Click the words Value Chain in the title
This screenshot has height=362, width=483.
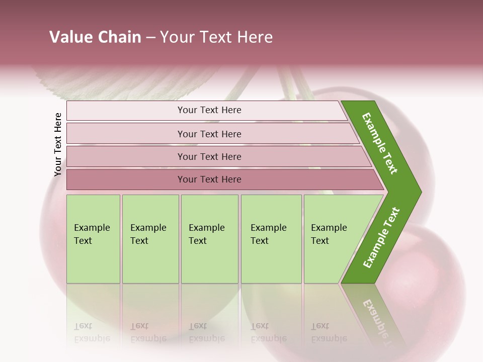95,37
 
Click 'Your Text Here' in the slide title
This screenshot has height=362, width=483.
216,37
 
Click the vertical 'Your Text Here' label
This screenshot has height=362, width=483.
58,144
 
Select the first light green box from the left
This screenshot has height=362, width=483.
93,239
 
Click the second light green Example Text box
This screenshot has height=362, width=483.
150,239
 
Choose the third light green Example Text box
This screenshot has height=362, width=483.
209,239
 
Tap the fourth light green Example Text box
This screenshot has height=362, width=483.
271,239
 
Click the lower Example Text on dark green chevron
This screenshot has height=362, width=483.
381,237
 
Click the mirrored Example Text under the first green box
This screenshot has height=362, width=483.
92,332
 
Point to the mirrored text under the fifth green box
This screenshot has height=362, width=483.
329,332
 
